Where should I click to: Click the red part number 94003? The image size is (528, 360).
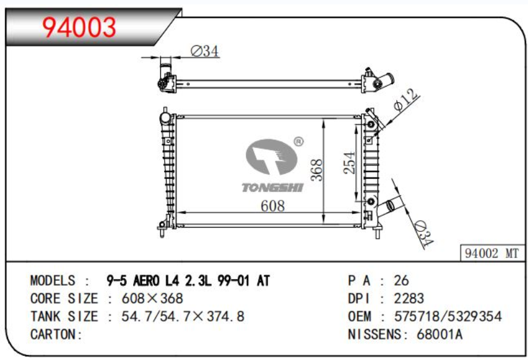point(79,28)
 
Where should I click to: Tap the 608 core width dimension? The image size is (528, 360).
point(272,206)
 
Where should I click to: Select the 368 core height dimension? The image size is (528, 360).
point(316,170)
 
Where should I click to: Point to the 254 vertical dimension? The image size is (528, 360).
point(349,163)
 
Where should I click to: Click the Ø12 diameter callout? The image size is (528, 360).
point(406,100)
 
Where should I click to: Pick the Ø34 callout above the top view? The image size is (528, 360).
point(205,51)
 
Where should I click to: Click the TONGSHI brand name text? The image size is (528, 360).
point(272,187)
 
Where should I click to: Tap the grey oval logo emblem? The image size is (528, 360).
point(271,156)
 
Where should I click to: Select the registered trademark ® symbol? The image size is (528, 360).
point(298,142)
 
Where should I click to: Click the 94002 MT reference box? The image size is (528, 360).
point(492,253)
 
